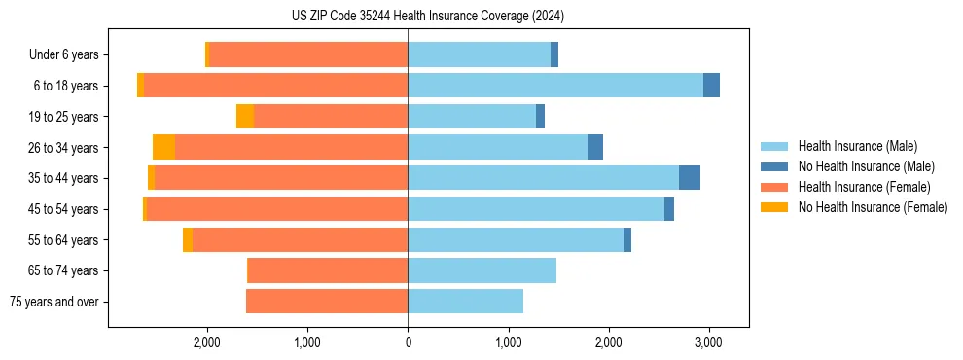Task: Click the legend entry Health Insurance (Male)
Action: pyautogui.click(x=852, y=147)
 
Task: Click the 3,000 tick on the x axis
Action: pyautogui.click(x=708, y=342)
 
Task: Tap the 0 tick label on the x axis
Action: pyautogui.click(x=408, y=342)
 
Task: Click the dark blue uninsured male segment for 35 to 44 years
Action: pyautogui.click(x=690, y=178)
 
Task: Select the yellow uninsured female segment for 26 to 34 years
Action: pyautogui.click(x=163, y=147)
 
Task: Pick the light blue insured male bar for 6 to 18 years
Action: pyautogui.click(x=555, y=86)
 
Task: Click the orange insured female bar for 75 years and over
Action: pyautogui.click(x=327, y=302)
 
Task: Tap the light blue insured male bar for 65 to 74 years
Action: pyautogui.click(x=481, y=270)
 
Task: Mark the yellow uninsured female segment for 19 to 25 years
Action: pyautogui.click(x=245, y=117)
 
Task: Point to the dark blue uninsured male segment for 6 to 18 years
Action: pyautogui.click(x=711, y=86)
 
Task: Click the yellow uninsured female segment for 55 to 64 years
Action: pyautogui.click(x=188, y=240)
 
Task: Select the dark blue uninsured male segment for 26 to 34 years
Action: pyautogui.click(x=595, y=147)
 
